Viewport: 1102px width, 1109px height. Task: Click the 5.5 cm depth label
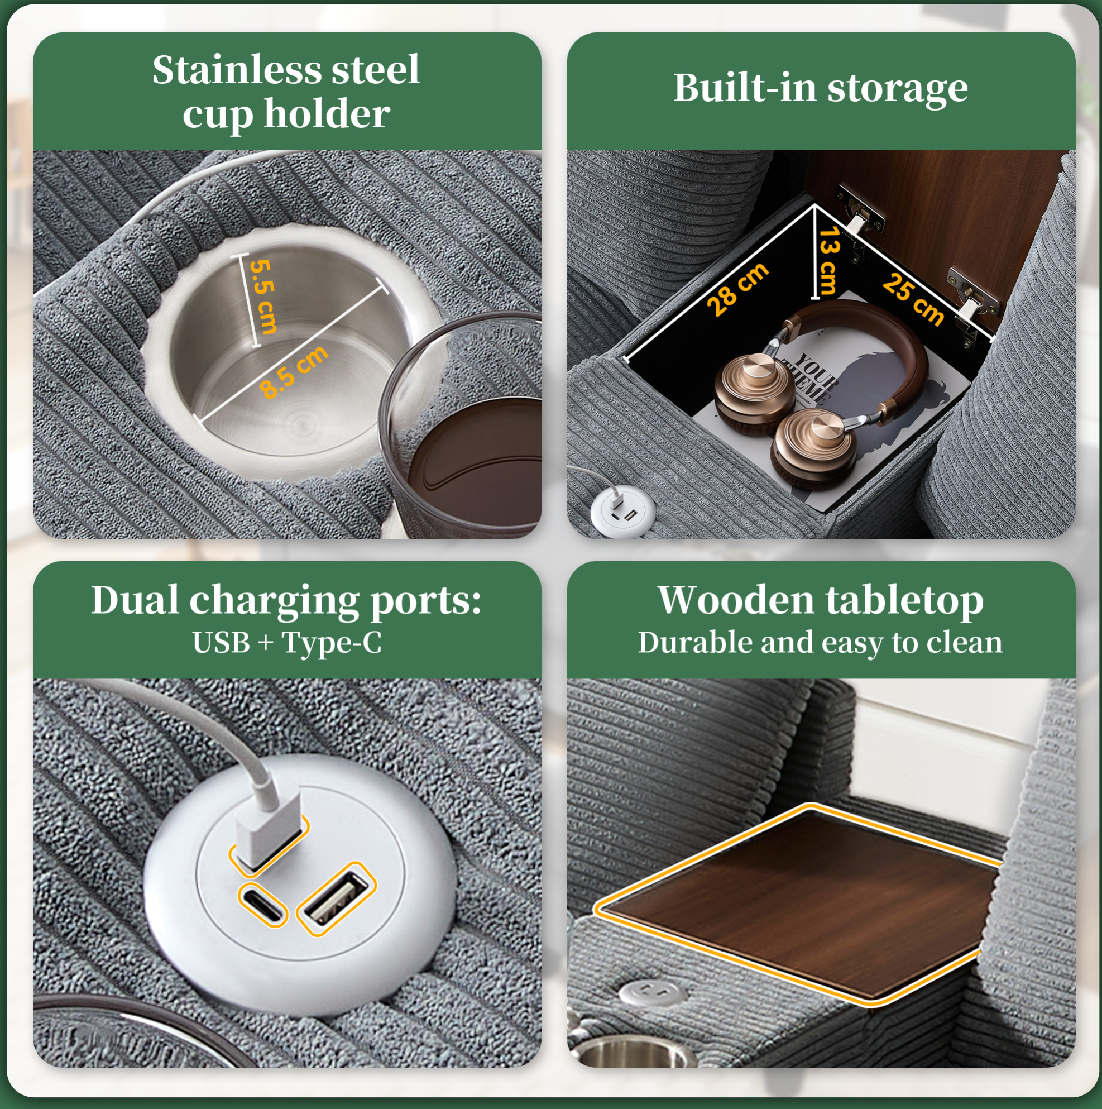pyautogui.click(x=264, y=297)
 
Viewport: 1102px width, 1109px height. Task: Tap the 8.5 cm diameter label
pyautogui.click(x=294, y=371)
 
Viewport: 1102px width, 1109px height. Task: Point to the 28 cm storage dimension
pyautogui.click(x=737, y=289)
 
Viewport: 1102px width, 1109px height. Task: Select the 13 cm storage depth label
pyautogui.click(x=830, y=260)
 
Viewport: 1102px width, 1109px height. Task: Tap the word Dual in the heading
pyautogui.click(x=135, y=600)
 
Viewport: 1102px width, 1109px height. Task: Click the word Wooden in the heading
pyautogui.click(x=736, y=600)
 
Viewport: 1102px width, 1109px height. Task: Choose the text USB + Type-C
pyautogui.click(x=287, y=642)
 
